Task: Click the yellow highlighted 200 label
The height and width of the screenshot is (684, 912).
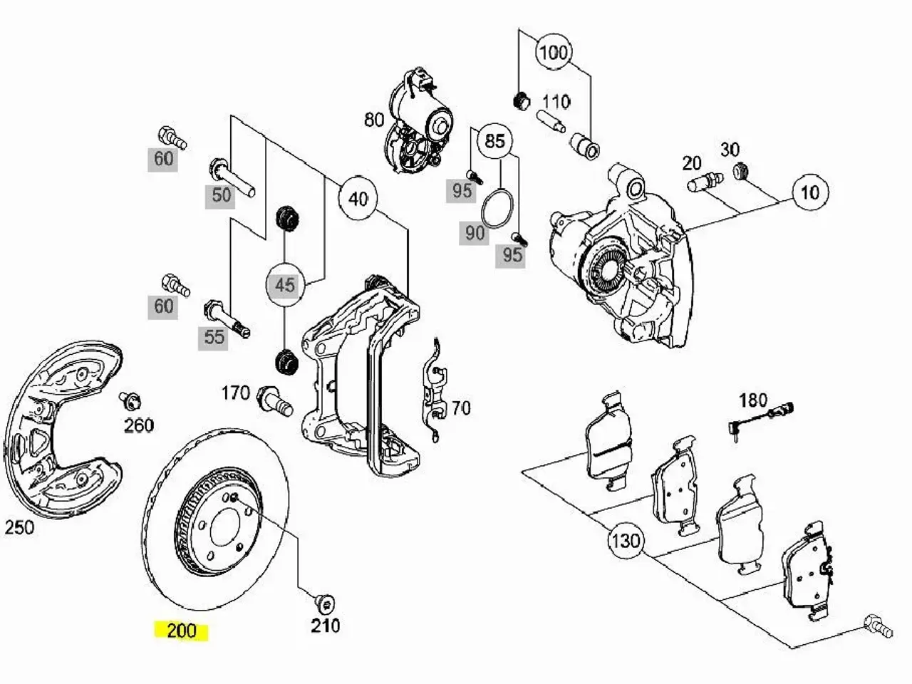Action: [181, 631]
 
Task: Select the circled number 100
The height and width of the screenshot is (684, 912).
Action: [554, 53]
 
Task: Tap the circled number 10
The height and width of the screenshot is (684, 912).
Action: [809, 192]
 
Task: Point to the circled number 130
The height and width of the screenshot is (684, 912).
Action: [626, 541]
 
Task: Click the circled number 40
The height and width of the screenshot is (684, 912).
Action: [358, 199]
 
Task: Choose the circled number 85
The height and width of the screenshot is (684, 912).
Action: [495, 141]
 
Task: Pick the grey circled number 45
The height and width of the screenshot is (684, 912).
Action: [285, 285]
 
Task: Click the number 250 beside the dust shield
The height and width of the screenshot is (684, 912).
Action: [19, 527]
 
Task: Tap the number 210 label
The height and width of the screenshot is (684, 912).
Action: [326, 626]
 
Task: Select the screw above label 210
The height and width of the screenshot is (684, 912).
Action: [323, 603]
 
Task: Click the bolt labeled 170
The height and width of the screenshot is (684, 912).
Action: [274, 400]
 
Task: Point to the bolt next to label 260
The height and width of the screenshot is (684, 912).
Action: [130, 400]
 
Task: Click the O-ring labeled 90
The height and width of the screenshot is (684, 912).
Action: [497, 209]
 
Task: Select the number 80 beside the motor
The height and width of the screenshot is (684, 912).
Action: [374, 120]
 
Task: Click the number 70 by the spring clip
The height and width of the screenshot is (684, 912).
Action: [461, 408]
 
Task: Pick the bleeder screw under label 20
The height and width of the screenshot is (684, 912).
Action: [705, 182]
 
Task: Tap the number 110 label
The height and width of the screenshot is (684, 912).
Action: [556, 102]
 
